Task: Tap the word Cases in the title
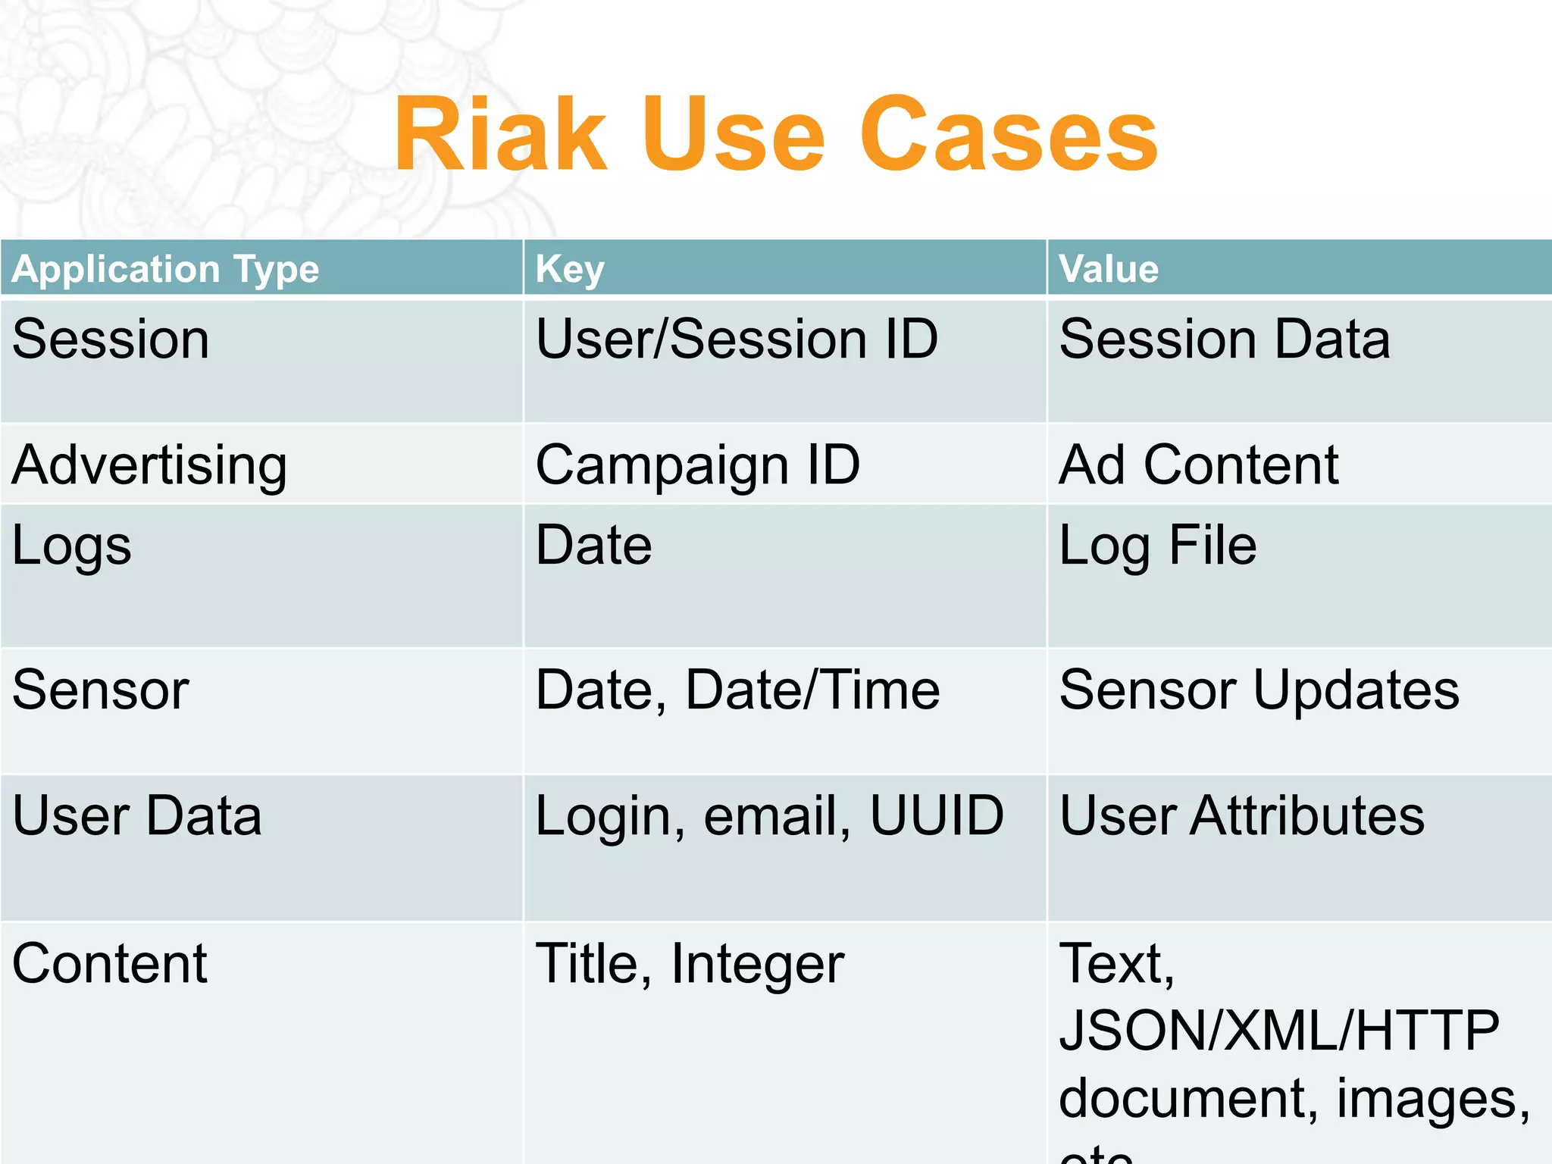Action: [x=1009, y=135]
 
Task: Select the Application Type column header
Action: [x=165, y=269]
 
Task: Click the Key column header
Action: [x=570, y=269]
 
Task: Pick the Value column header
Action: [x=1109, y=269]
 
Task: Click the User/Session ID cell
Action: [x=737, y=339]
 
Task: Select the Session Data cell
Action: [x=1225, y=339]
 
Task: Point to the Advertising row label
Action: [x=149, y=465]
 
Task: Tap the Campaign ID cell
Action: [x=697, y=465]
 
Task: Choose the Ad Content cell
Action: [x=1199, y=465]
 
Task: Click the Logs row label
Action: [x=72, y=546]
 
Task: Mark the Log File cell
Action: [x=1158, y=546]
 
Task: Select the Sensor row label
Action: [x=101, y=690]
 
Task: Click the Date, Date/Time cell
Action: [x=737, y=690]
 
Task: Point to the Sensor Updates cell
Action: [x=1259, y=690]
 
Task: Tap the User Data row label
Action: [x=137, y=815]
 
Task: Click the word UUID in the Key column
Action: [x=937, y=815]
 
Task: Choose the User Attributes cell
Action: [x=1242, y=815]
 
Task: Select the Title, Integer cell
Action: [x=690, y=963]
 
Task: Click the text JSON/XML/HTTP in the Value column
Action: [x=1279, y=1030]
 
